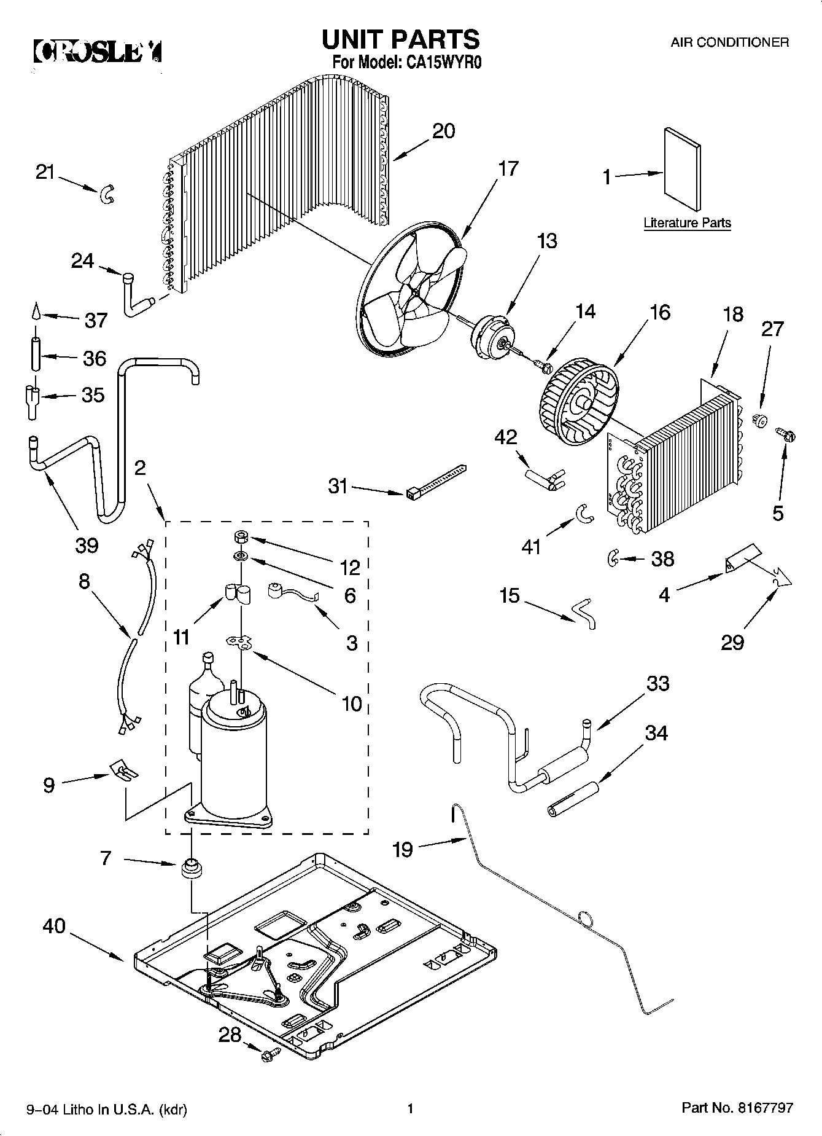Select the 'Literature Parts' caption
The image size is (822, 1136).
[687, 223]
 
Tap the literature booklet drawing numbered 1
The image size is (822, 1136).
[682, 169]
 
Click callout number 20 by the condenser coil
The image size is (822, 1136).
[444, 131]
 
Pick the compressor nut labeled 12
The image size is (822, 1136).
[241, 538]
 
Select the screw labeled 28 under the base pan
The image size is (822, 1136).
[269, 1056]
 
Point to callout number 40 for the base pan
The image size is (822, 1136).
[54, 926]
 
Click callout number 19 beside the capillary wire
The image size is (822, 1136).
[403, 850]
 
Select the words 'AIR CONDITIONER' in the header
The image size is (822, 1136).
[729, 42]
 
